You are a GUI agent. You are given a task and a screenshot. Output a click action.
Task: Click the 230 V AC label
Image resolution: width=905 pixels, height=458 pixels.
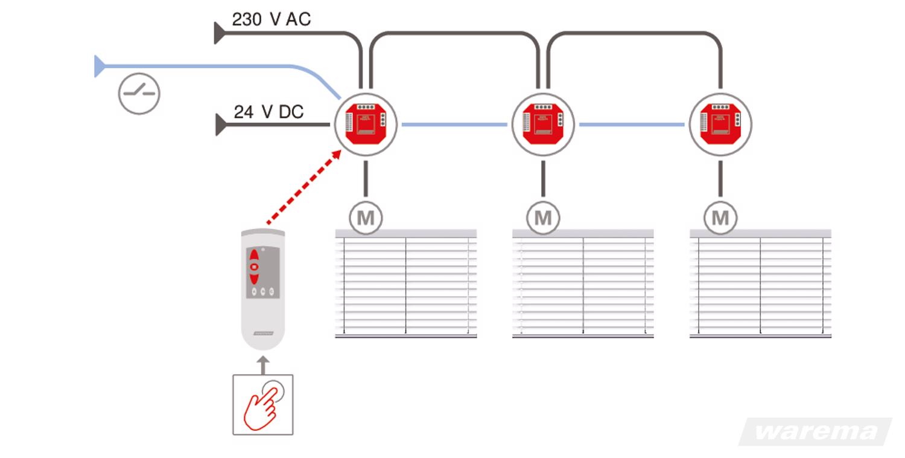271,19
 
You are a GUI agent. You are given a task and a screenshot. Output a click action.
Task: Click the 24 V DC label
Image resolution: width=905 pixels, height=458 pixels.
268,112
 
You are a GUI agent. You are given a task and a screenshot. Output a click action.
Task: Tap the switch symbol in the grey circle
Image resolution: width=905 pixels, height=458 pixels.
139,94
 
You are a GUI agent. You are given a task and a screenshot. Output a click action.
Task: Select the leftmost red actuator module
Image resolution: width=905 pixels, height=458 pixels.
365,124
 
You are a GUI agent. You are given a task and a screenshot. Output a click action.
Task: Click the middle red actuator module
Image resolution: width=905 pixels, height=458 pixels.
542,124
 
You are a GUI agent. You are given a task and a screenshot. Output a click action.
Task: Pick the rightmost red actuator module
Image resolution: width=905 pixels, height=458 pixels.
720,124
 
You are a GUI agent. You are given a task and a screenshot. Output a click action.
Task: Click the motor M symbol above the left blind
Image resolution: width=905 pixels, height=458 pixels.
366,218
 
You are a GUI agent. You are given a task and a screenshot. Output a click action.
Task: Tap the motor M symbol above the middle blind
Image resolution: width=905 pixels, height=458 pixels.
543,218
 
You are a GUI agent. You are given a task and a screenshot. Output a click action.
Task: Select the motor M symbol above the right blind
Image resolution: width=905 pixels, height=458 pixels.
720,218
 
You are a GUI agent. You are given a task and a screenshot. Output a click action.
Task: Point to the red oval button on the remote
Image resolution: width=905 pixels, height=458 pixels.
255,266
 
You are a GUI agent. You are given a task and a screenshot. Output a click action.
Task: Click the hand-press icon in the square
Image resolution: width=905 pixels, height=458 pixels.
263,404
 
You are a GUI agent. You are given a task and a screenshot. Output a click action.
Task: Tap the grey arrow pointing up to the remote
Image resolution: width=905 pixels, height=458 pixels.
262,364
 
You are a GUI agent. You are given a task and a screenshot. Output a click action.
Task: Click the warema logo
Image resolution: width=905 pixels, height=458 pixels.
815,431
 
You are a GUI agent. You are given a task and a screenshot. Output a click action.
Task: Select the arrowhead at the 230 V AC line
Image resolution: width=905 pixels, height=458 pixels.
220,33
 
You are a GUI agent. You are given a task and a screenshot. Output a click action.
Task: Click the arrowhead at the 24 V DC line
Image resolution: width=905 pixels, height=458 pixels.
221,125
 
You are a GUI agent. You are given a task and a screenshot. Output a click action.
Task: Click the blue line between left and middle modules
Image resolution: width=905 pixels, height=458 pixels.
454,124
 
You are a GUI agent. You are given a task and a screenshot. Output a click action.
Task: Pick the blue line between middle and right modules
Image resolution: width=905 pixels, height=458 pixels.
631,124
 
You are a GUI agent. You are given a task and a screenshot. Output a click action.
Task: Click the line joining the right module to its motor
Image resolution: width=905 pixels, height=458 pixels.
720,179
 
